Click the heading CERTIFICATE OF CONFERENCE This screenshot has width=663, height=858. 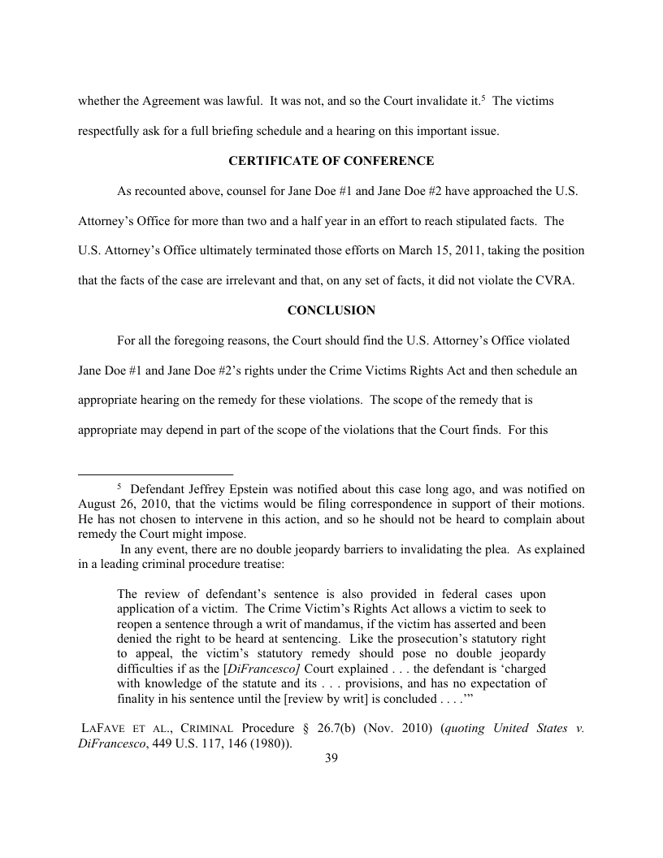tap(331, 161)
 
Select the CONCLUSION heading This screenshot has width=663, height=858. tap(331, 310)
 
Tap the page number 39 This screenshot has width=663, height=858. tap(331, 758)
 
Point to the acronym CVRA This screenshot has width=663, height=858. tap(565, 281)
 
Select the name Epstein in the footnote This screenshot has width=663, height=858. tap(244, 490)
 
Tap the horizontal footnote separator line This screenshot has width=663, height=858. tap(155, 474)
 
